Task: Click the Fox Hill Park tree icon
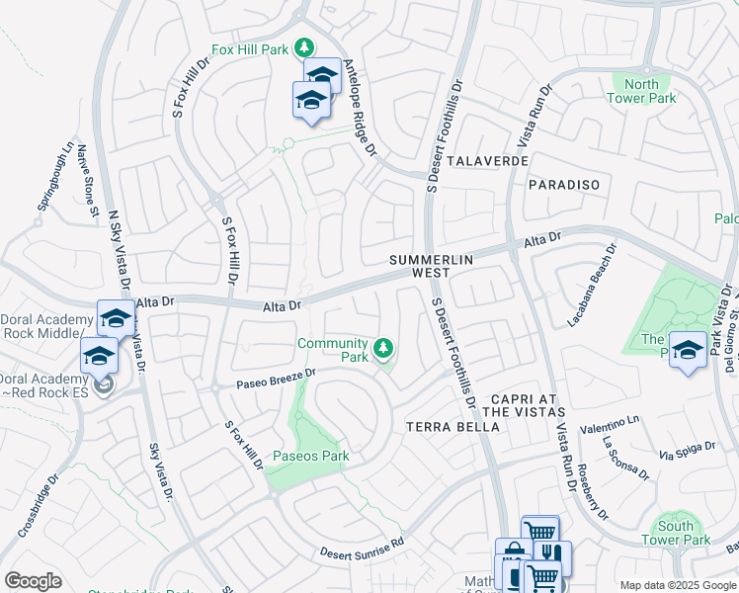tap(305, 47)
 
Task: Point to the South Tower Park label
tap(676, 533)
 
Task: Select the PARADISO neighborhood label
tap(564, 185)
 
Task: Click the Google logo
tap(33, 581)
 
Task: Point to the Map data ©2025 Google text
tap(677, 585)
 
